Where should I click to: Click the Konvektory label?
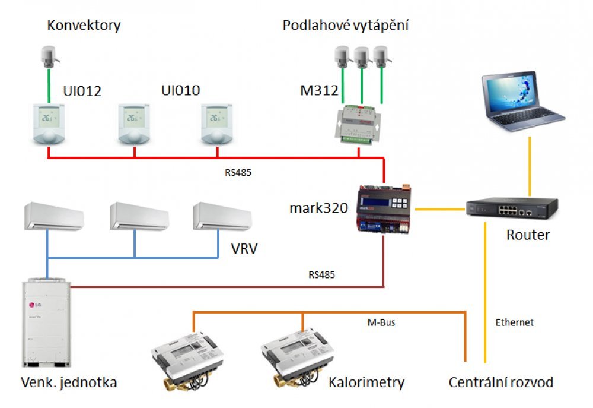click(84, 26)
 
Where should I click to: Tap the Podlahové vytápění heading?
click(346, 26)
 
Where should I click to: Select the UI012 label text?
click(82, 91)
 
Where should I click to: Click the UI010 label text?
click(180, 91)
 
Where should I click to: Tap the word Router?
click(528, 235)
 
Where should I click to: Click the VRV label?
click(244, 247)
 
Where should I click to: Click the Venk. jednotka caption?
click(69, 382)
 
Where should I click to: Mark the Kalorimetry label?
click(366, 382)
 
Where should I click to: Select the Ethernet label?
click(515, 323)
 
